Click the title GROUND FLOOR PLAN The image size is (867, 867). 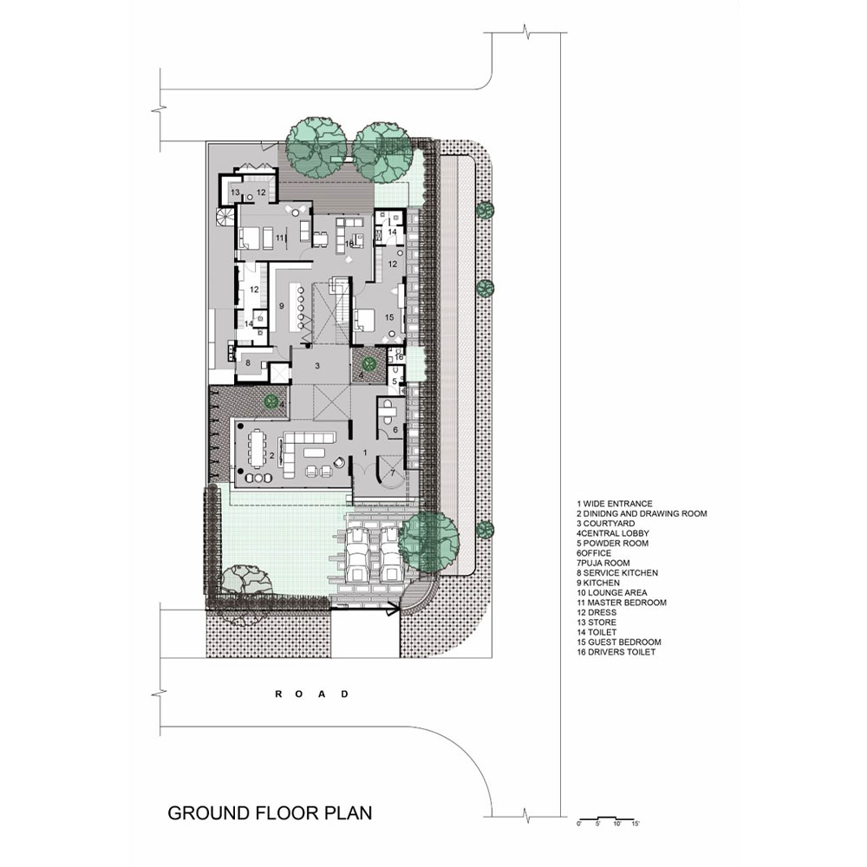click(x=269, y=813)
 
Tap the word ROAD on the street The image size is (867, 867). click(x=311, y=694)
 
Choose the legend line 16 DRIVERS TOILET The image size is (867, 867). click(x=616, y=652)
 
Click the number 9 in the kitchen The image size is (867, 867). click(x=281, y=306)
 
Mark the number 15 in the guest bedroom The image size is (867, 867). click(x=388, y=318)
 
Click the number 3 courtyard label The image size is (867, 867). click(x=318, y=367)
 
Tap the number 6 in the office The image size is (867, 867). click(x=394, y=429)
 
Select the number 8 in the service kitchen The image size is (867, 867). click(x=247, y=363)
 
